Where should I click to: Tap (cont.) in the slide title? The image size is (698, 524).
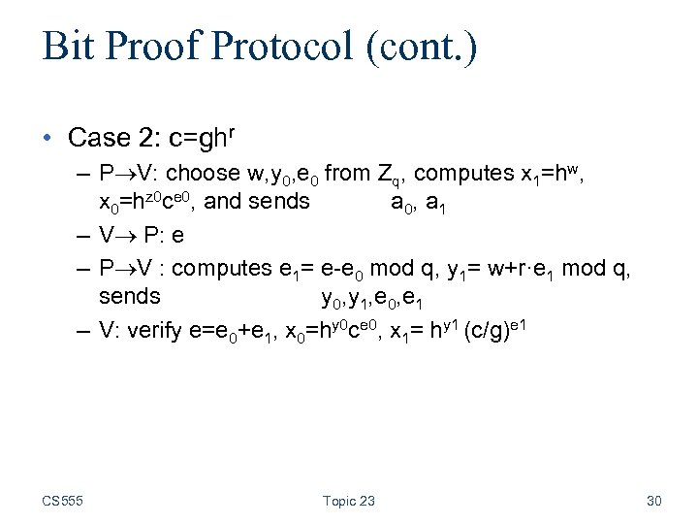tap(424, 47)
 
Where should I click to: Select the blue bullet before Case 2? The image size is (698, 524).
tap(49, 139)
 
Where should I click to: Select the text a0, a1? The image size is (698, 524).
tap(419, 203)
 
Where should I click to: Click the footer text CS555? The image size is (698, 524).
tap(62, 501)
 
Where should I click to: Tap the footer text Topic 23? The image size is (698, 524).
tap(348, 501)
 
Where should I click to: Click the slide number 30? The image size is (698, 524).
tap(653, 501)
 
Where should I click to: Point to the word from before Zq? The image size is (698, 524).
tap(346, 175)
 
